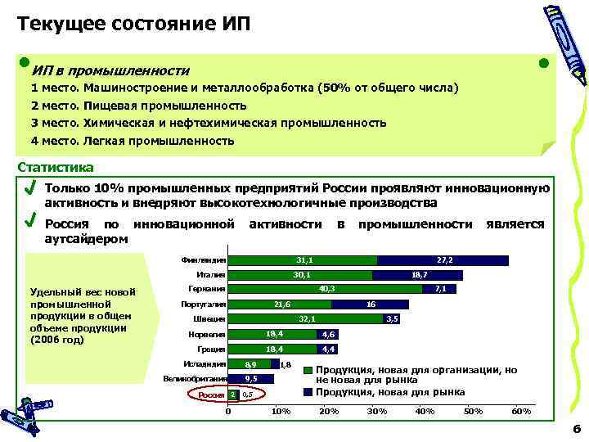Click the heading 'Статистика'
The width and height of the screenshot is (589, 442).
pyautogui.click(x=56, y=168)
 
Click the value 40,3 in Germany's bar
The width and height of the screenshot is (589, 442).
pyautogui.click(x=326, y=289)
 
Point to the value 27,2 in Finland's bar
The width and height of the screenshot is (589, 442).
pyautogui.click(x=445, y=260)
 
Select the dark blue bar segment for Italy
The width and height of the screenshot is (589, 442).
pyautogui.click(x=417, y=275)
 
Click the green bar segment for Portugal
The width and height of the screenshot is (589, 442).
pyautogui.click(x=280, y=304)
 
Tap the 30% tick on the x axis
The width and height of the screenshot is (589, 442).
pyautogui.click(x=377, y=410)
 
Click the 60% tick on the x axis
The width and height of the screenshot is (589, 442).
pyautogui.click(x=520, y=410)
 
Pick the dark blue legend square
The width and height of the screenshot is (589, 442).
pyautogui.click(x=308, y=390)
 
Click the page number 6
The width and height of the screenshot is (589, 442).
pyautogui.click(x=577, y=428)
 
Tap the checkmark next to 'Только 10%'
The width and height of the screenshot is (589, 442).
pyautogui.click(x=30, y=189)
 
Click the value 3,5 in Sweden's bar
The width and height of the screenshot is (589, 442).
pyautogui.click(x=392, y=319)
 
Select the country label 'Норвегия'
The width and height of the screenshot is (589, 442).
pyautogui.click(x=208, y=334)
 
